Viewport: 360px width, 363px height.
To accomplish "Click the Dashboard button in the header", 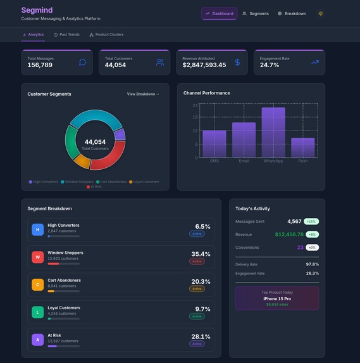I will click(x=219, y=13).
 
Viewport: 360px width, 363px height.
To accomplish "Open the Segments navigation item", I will click(x=256, y=13).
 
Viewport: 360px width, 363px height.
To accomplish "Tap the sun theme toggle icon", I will click(x=321, y=13).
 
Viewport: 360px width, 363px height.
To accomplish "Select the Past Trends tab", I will click(x=66, y=34).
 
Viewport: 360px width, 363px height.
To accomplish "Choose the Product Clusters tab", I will click(x=106, y=34).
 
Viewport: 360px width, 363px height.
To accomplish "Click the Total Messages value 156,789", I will click(x=40, y=65).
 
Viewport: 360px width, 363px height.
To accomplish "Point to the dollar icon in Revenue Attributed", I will click(x=237, y=62).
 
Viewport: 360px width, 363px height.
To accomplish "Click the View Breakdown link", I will click(x=143, y=94).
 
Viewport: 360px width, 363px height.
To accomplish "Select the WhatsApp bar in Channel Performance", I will click(x=273, y=132).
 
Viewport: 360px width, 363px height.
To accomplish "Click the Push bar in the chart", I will click(x=302, y=148).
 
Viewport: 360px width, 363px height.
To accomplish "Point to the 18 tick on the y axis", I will click(x=196, y=117).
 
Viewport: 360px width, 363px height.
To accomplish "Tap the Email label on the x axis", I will click(x=244, y=161).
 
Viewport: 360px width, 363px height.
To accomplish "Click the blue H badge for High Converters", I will click(x=37, y=229).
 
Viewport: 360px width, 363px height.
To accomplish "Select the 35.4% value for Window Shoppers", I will click(x=201, y=254).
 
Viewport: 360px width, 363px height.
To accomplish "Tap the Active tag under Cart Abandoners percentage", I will click(x=197, y=289).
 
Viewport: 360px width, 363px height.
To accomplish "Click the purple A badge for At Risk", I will click(x=37, y=340).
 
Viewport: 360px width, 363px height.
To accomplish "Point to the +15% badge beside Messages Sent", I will click(x=311, y=222).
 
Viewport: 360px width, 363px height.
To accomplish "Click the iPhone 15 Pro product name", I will click(x=277, y=298).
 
